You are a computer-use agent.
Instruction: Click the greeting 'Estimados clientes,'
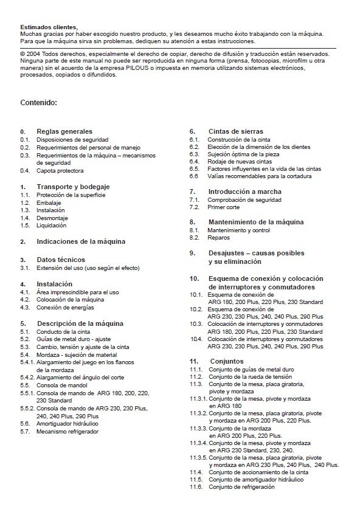49,27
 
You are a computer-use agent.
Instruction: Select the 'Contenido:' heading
38,102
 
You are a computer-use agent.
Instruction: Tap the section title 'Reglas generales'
64,131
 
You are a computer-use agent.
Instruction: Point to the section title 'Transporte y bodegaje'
74,186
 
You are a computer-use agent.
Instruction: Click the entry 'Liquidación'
53,226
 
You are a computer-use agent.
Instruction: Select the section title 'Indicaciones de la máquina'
81,241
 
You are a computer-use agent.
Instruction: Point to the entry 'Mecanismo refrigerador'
67,432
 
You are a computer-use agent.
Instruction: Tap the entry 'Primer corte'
224,207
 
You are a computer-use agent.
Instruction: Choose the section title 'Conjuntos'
226,361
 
